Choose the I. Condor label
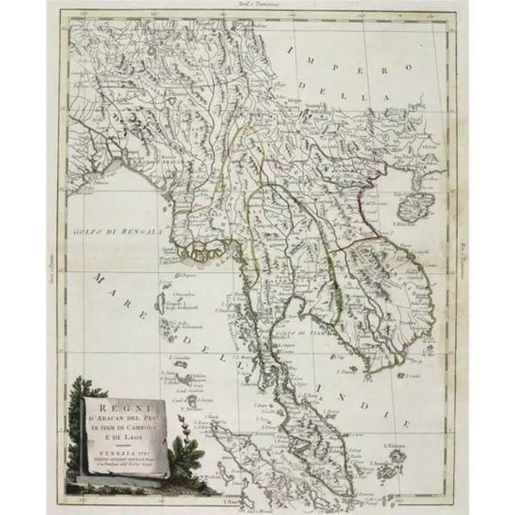click(415, 375)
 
